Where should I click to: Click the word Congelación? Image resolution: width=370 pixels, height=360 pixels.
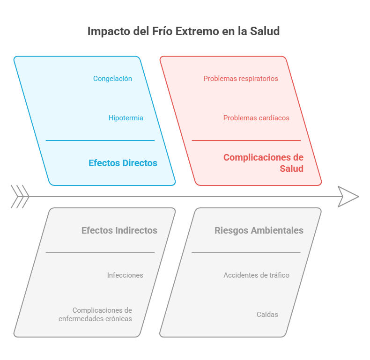tap(112, 79)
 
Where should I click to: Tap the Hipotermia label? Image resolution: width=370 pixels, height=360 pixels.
tap(126, 118)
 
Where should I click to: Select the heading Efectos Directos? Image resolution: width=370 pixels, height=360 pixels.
tap(123, 163)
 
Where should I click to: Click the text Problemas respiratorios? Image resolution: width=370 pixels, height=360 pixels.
tap(240, 79)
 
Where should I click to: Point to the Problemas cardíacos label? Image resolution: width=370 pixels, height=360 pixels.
tap(256, 118)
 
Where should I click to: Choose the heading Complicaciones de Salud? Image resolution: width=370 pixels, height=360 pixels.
tap(263, 163)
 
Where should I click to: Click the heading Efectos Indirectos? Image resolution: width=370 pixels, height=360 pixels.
tap(119, 230)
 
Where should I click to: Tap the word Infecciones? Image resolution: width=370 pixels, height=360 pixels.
tap(125, 275)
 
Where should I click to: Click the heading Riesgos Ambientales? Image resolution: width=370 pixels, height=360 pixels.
tap(259, 230)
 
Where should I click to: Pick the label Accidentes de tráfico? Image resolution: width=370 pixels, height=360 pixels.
tap(256, 275)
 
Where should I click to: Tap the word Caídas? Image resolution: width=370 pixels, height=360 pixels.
tap(267, 315)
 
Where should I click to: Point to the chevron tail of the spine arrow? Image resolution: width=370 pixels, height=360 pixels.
tap(20, 197)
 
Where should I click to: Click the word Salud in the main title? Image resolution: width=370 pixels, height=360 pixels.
tap(264, 31)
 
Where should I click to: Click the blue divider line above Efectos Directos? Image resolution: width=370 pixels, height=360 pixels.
tap(100, 140)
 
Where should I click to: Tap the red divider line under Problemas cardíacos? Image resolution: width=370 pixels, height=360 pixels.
tap(246, 140)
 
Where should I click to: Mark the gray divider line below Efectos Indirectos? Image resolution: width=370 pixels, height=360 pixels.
tap(100, 253)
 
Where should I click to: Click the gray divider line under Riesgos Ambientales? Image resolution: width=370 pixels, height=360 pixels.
tap(246, 253)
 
